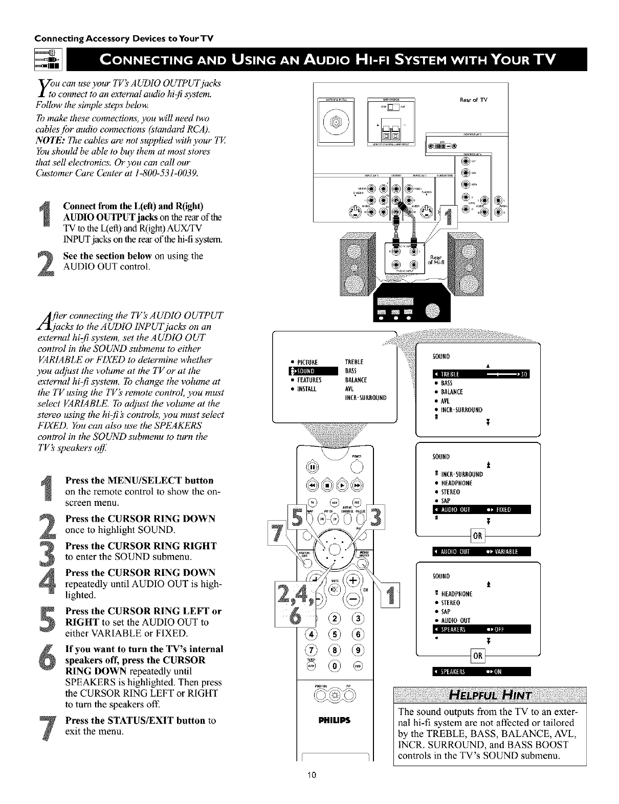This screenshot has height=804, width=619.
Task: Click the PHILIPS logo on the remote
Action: click(335, 722)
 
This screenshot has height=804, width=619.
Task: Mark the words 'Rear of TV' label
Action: click(475, 100)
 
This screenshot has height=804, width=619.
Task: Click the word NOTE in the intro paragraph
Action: click(47, 141)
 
